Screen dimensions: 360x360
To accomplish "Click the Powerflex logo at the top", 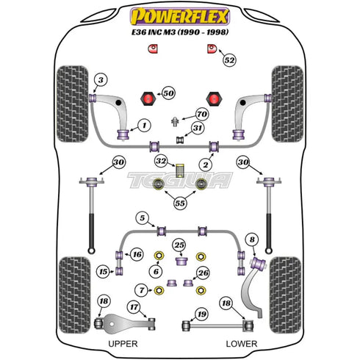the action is [180, 16].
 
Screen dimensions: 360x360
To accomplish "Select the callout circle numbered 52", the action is [229, 60].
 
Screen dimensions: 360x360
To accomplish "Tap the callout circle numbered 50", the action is [168, 93].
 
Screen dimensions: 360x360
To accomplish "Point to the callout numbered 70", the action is [202, 114].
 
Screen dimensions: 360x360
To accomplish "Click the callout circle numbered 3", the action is [101, 80].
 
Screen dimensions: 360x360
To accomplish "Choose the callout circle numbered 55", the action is [180, 203].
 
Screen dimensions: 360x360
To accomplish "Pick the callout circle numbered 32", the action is [161, 161].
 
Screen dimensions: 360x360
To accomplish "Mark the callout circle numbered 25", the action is [179, 245].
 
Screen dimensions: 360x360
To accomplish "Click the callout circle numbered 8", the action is [253, 240].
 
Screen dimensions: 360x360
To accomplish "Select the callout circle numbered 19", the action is [202, 314].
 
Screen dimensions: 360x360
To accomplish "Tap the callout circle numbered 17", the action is [134, 307].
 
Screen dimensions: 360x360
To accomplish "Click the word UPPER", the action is [123, 344].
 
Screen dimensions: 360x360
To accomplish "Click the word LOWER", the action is [242, 344].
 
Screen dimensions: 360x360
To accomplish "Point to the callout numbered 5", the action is [143, 217].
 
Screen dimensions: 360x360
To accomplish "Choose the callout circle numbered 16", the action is [137, 254].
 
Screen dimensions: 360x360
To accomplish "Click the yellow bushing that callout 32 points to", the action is [180, 170].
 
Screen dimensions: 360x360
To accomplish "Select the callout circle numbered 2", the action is [205, 165].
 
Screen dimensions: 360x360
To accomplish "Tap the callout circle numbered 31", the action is [198, 128].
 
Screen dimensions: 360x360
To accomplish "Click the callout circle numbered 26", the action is [203, 273].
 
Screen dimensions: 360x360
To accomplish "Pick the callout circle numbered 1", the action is [144, 126].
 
